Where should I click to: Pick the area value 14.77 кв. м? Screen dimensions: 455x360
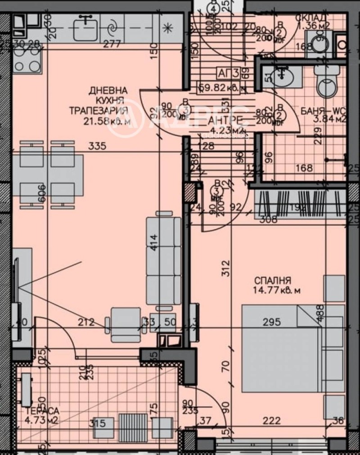(x=276, y=290)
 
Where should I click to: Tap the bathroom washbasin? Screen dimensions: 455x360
(x=283, y=76)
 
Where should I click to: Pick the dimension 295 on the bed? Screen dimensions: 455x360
(x=272, y=322)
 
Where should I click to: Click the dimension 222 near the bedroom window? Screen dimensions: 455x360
(x=272, y=421)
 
